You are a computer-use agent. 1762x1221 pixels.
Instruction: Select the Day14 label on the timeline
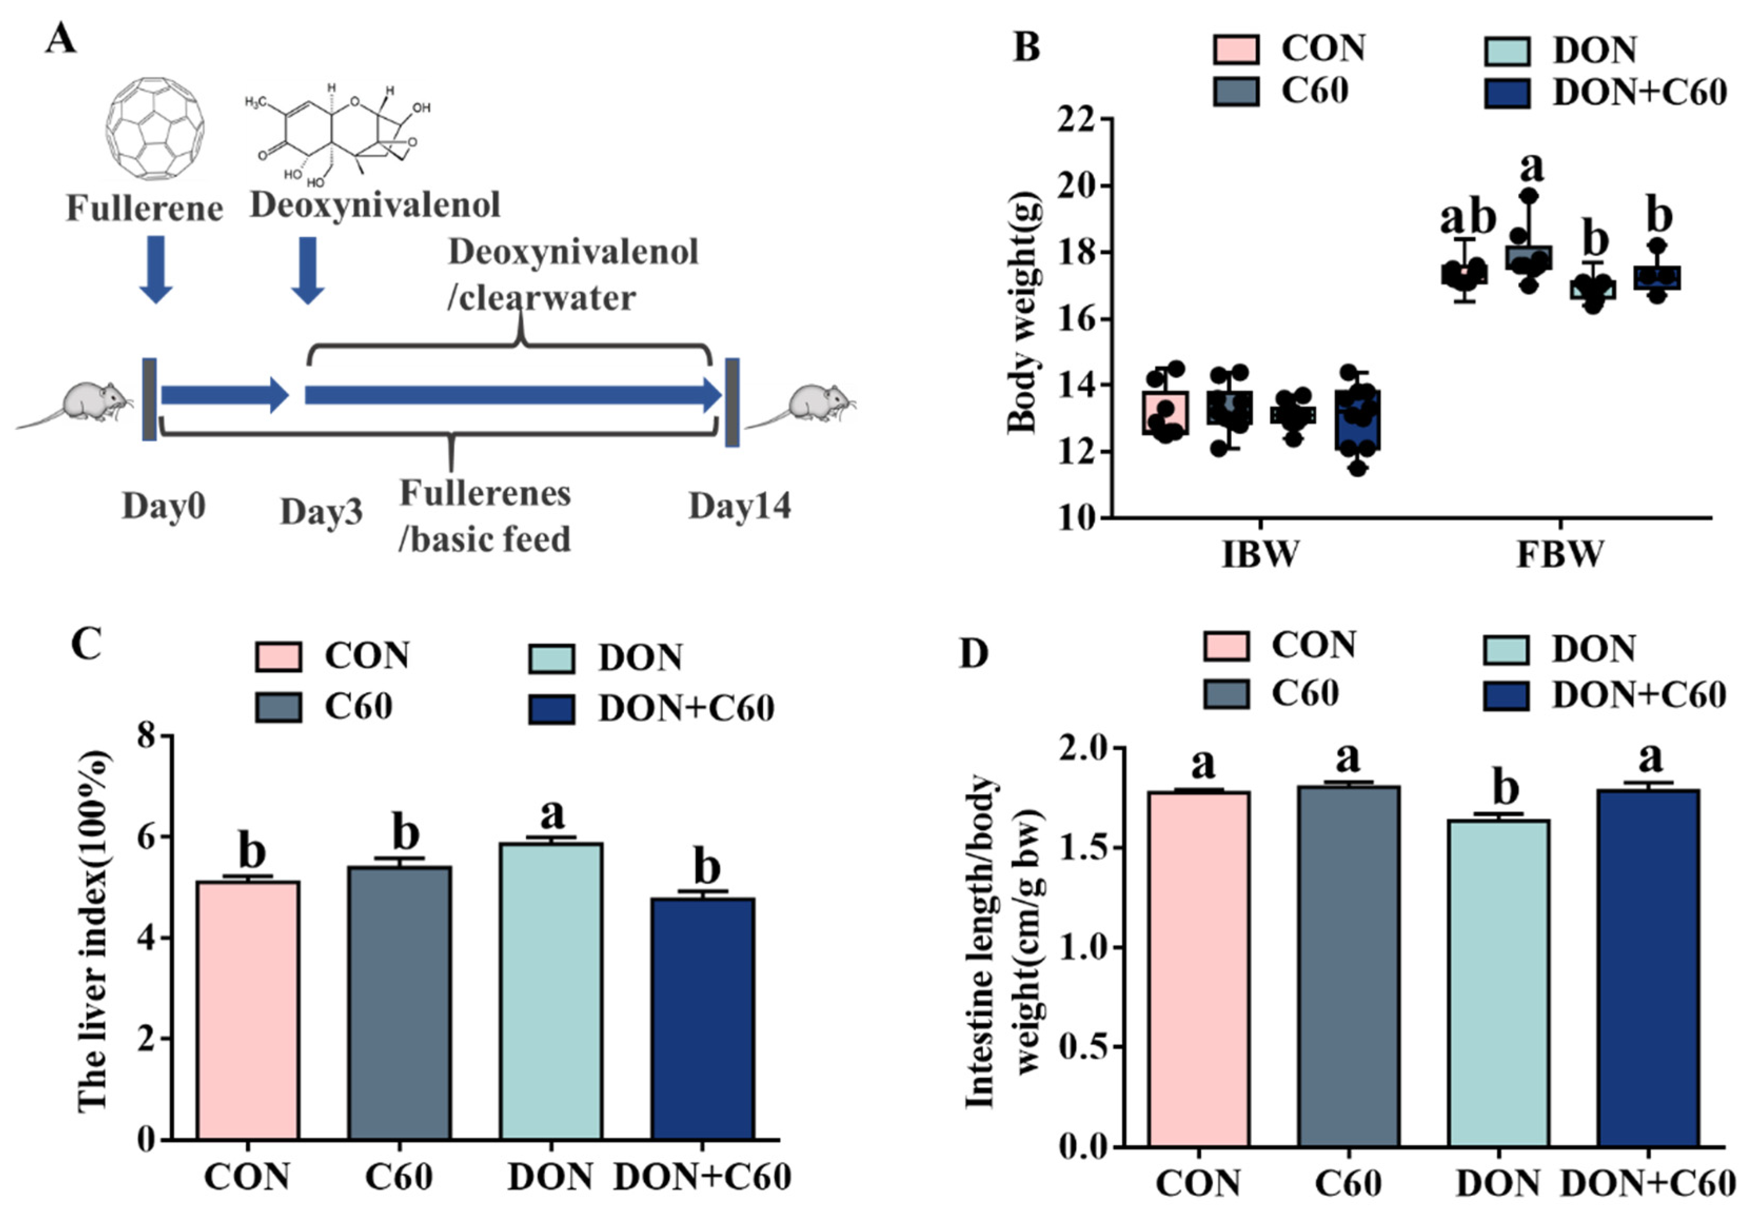[739, 506]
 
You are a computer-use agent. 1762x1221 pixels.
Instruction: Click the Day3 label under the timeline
[321, 512]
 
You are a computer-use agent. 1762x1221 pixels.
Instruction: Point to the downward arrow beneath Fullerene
[156, 269]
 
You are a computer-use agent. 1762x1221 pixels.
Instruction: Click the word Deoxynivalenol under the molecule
[375, 205]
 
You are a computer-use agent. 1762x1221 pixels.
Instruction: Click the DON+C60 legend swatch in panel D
[1506, 695]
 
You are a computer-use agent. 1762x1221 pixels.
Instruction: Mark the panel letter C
[86, 644]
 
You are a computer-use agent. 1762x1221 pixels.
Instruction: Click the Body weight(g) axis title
[1021, 314]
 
